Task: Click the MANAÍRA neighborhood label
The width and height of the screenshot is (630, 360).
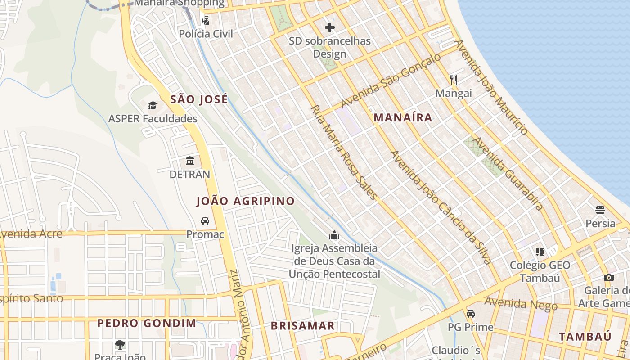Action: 403,118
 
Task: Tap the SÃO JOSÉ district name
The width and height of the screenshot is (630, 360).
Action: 199,99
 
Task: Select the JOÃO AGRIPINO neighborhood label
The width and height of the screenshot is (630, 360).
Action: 246,201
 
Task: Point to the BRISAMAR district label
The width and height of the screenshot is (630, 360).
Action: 302,326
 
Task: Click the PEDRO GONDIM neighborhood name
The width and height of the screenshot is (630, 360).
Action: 147,323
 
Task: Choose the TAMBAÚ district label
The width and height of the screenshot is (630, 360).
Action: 585,337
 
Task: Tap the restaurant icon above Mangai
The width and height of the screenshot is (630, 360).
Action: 454,80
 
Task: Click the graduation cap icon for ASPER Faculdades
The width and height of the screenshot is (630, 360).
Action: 153,106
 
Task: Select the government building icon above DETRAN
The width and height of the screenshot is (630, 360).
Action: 190,161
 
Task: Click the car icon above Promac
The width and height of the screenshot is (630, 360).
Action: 205,221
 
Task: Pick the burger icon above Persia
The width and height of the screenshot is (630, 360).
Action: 600,210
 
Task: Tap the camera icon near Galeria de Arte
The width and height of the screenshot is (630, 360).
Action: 609,277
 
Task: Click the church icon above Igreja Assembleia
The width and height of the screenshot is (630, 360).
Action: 334,235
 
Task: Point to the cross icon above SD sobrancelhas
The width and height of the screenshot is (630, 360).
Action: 330,27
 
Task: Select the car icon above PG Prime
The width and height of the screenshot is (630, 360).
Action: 471,313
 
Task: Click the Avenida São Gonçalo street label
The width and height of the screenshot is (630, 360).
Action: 391,81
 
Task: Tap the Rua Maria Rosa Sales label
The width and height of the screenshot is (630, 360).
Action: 344,153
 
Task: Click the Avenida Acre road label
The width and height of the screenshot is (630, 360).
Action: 31,234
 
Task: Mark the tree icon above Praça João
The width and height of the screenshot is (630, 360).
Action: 120,345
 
